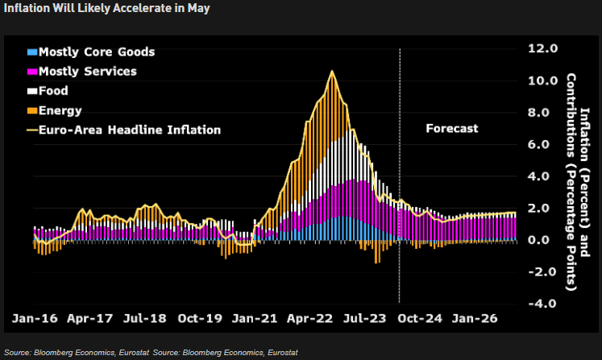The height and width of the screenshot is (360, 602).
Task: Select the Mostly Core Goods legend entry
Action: (x=90, y=52)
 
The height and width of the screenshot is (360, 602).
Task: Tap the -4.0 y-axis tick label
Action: (x=541, y=304)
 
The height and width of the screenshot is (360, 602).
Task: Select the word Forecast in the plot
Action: (x=451, y=129)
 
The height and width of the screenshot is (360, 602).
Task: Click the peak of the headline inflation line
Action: (x=332, y=72)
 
